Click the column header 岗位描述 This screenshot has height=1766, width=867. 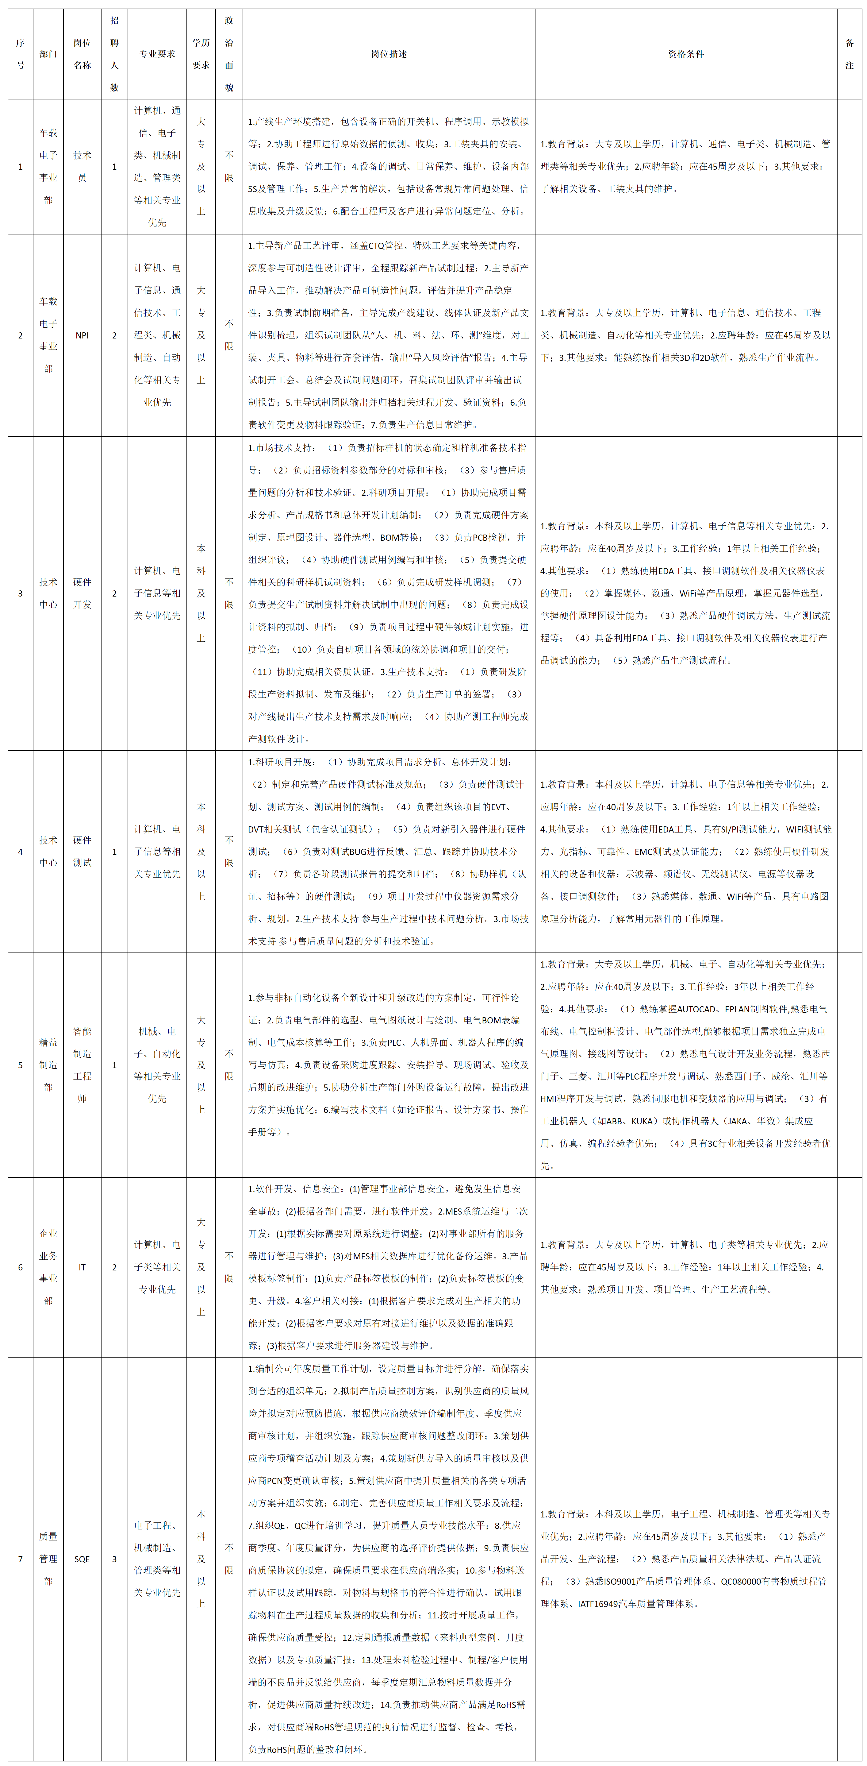[x=389, y=54]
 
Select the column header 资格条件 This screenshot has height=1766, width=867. [x=685, y=54]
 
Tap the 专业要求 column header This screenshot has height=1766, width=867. [x=157, y=54]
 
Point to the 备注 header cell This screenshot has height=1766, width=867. [x=849, y=54]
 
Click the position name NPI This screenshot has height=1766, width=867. [x=82, y=335]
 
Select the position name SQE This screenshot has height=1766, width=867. [x=82, y=1559]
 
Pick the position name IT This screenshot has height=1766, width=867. [x=82, y=1267]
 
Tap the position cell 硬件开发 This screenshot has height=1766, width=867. [x=82, y=593]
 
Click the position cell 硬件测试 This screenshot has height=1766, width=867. [x=82, y=852]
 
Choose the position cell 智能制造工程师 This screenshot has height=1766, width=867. [x=82, y=1065]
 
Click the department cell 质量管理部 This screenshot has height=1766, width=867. [x=48, y=1559]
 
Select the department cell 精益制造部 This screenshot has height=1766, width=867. [x=48, y=1065]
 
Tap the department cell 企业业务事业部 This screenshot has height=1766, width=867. [x=48, y=1267]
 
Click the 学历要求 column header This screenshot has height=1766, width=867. [x=201, y=54]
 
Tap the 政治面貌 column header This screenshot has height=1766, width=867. [x=229, y=54]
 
